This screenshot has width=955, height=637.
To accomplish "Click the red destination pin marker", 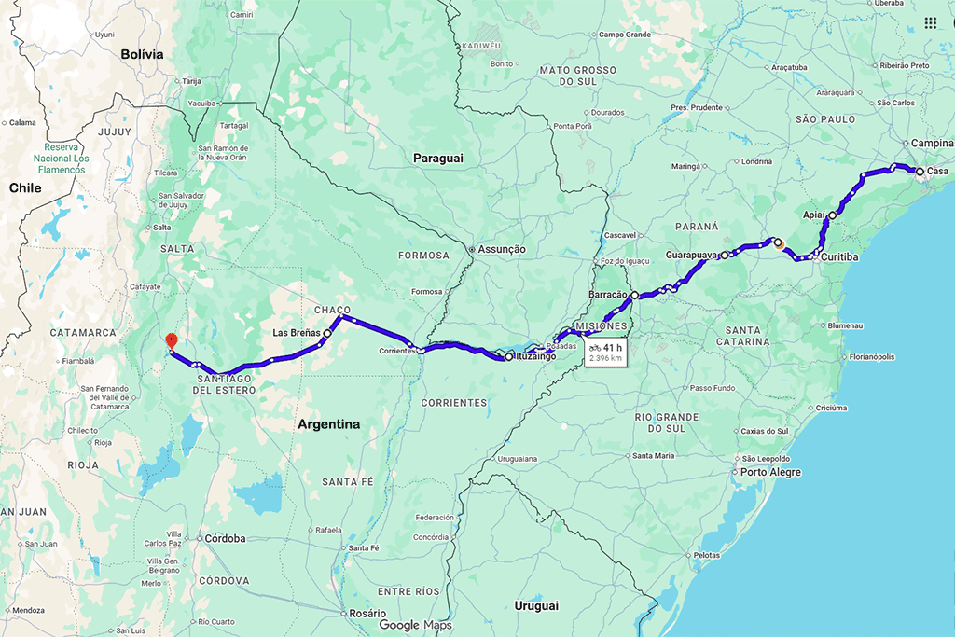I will click(170, 341).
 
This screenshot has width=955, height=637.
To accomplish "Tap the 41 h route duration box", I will click(605, 352).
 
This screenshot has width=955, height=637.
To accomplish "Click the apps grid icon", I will click(931, 23).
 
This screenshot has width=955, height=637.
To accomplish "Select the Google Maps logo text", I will click(415, 625).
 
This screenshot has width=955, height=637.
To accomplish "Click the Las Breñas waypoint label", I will click(297, 332).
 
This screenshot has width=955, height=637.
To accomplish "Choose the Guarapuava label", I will click(691, 255).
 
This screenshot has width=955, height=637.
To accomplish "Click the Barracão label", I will click(608, 296).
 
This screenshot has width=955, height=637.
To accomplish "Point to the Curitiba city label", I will click(840, 256).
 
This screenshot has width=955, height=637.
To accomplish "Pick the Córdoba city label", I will click(225, 538).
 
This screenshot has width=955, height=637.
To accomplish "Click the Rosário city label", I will click(367, 613).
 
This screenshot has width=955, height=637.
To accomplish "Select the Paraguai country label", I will click(438, 159).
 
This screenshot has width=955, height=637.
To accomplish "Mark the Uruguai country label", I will click(536, 605).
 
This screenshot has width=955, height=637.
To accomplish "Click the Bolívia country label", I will click(142, 54).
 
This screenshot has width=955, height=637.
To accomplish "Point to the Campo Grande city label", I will click(624, 35).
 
